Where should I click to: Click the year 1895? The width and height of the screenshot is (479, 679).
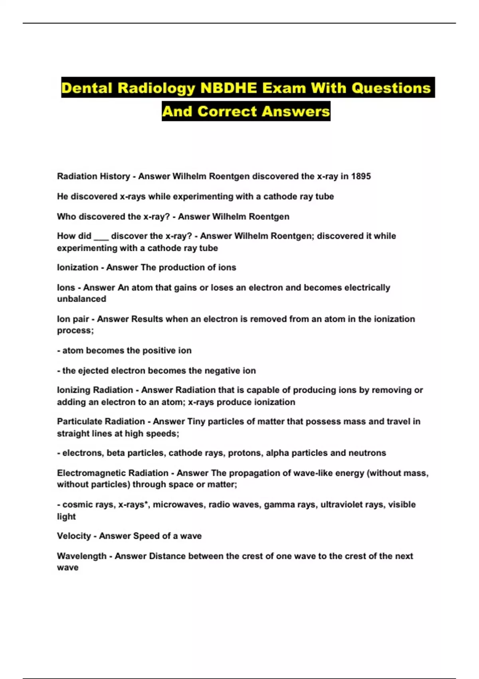[361, 176]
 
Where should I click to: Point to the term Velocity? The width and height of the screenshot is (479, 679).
[74, 536]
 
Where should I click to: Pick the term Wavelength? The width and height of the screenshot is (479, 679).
[82, 556]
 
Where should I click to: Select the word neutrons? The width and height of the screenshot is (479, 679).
[367, 453]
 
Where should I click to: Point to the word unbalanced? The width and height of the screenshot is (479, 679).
[81, 299]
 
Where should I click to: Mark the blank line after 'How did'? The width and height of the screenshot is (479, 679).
[101, 236]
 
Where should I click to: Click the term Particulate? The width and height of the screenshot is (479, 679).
[79, 421]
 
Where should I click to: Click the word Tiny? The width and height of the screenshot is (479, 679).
[196, 421]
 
